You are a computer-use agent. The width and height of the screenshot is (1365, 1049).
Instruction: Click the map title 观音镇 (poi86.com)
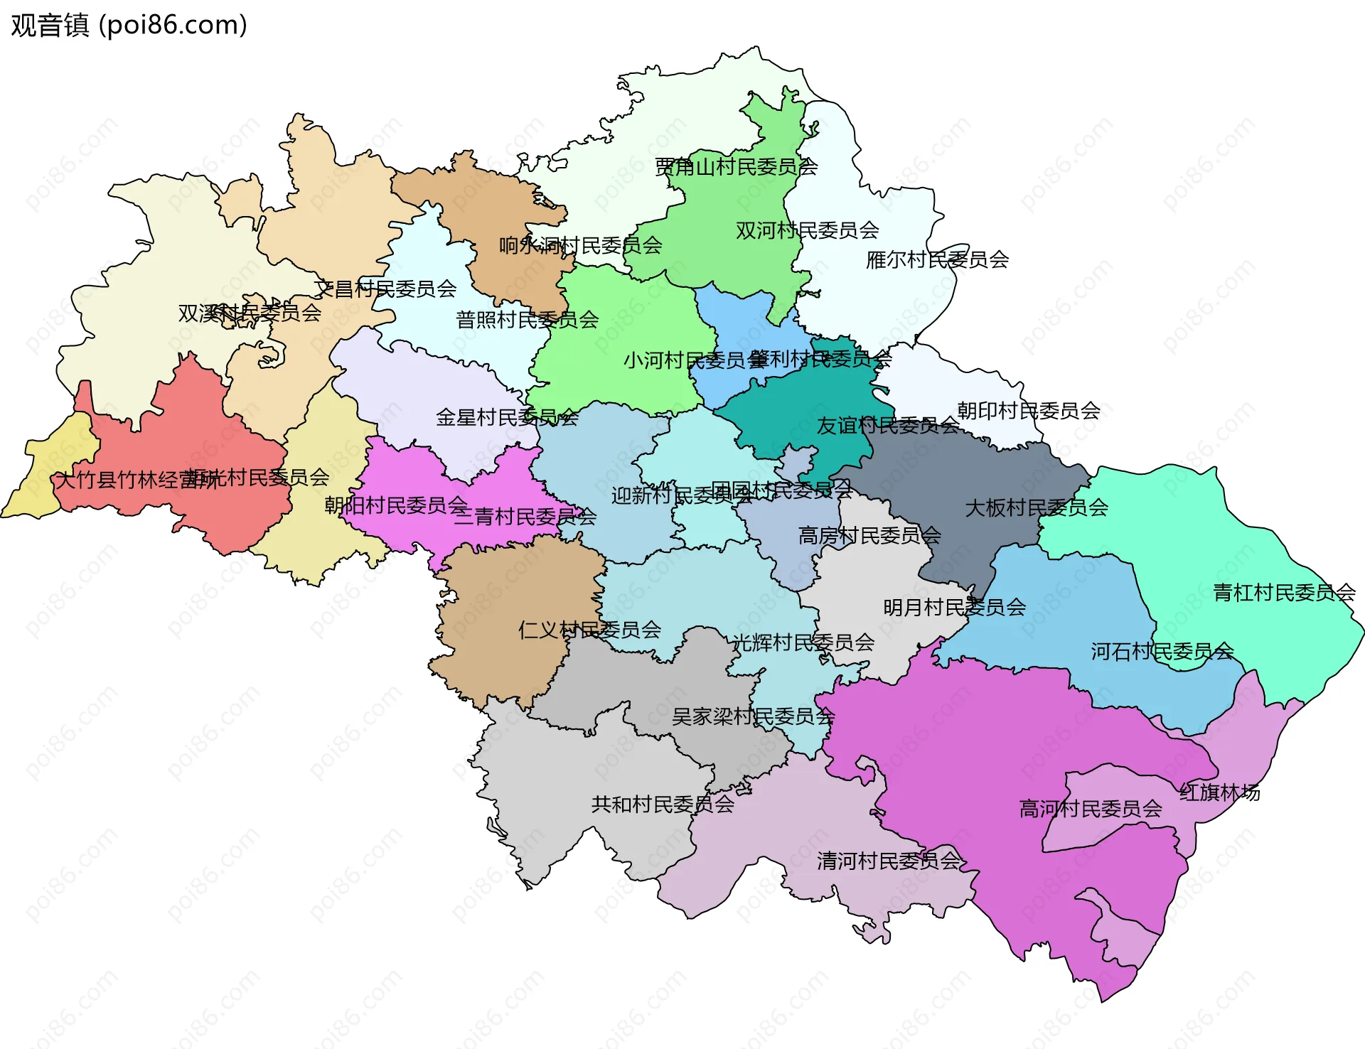[x=129, y=25]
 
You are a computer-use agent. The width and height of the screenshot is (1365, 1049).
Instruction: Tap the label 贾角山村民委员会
[x=736, y=167]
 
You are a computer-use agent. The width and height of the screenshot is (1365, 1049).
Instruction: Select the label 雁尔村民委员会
[x=937, y=260]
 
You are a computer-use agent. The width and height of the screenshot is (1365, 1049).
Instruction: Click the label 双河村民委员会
[x=807, y=230]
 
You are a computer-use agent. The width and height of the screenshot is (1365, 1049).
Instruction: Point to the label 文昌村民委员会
[x=385, y=289]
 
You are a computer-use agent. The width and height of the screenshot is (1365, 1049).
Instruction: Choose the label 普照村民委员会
[x=527, y=320]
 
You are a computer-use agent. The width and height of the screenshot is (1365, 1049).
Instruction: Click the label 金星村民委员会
[x=507, y=417]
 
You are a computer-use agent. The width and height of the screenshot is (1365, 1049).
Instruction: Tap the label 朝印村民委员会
[x=1028, y=410]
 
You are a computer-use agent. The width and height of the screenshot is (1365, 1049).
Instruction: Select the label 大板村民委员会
[x=1036, y=507]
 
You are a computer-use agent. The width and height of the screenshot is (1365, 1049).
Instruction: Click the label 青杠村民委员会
[x=1283, y=592]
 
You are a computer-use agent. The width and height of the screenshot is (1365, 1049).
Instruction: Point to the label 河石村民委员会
[x=1162, y=651]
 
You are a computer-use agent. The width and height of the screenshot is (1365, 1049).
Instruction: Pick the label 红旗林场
[x=1219, y=792]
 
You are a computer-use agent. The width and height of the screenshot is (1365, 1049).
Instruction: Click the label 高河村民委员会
[x=1090, y=809]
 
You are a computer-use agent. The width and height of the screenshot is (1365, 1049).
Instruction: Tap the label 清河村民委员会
[x=888, y=861]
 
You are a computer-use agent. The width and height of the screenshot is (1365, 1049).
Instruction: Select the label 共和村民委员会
[x=662, y=804]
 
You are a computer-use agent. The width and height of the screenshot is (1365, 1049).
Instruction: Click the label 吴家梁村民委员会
[x=753, y=716]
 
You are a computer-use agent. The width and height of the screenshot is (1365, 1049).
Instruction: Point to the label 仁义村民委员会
[x=589, y=630]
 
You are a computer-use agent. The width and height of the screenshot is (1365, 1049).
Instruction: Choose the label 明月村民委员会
[x=954, y=607]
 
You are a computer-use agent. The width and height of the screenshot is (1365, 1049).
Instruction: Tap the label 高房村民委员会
[x=869, y=535]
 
